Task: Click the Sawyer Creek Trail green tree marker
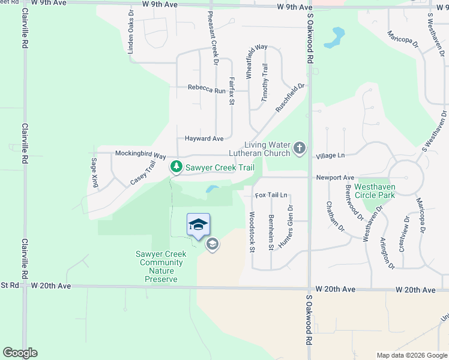(x=176, y=167)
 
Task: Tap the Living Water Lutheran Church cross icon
(x=299, y=148)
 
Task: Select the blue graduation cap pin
(x=199, y=226)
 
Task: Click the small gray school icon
(x=212, y=244)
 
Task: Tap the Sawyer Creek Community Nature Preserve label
(x=161, y=266)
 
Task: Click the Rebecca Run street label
(x=206, y=88)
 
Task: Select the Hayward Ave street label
(x=204, y=139)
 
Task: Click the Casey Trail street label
(x=143, y=175)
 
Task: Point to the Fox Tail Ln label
(x=271, y=196)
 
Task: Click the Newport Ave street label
(x=335, y=178)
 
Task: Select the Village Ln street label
(x=331, y=155)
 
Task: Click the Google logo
(x=20, y=353)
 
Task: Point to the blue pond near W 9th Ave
(x=334, y=38)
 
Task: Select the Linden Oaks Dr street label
(x=130, y=32)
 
